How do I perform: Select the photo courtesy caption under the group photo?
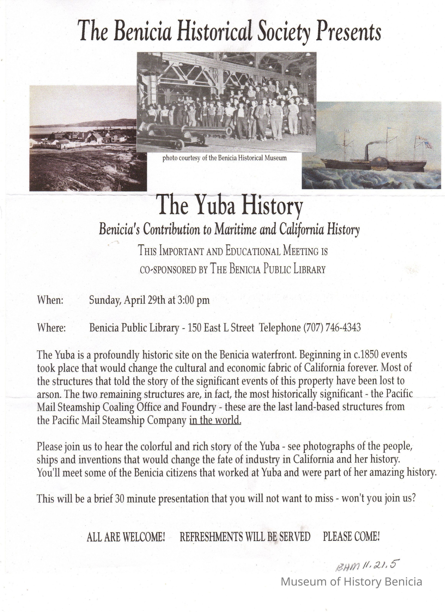pos(224,158)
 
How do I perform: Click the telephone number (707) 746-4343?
pos(332,327)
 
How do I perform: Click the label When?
pos(50,300)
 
